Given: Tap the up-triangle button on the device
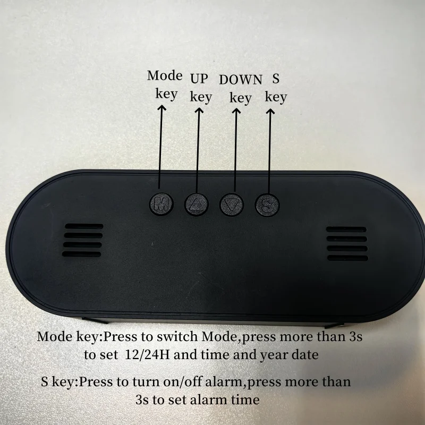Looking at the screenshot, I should pos(198,203).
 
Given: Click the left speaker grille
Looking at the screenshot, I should pos(82,240).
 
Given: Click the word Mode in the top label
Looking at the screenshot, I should pos(165,75).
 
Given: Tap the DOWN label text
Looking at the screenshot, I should pos(241,80).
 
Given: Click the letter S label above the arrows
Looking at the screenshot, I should pos(276,79).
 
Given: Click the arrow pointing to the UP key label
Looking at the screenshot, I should pos(199,149).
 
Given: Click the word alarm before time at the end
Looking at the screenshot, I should pos(212,399).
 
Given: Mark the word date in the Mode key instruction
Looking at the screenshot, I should pos(304,355).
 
